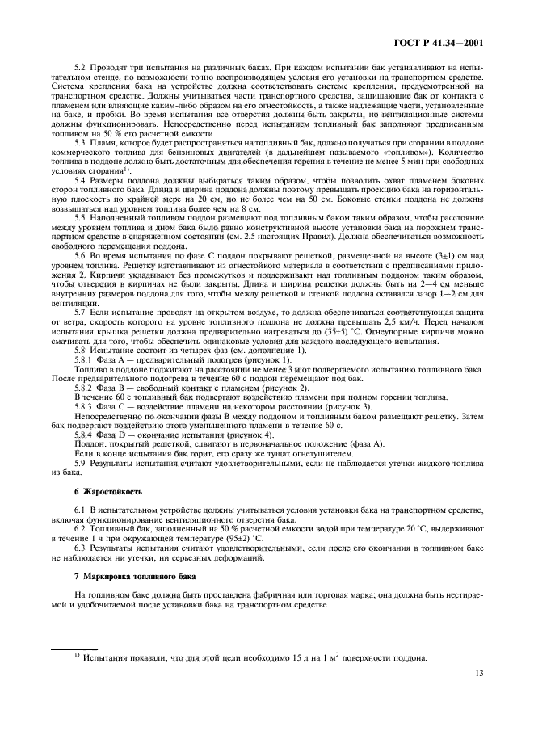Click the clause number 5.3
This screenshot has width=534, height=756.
(80, 141)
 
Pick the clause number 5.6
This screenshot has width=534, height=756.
(80, 254)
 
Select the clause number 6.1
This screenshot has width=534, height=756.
(80, 512)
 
